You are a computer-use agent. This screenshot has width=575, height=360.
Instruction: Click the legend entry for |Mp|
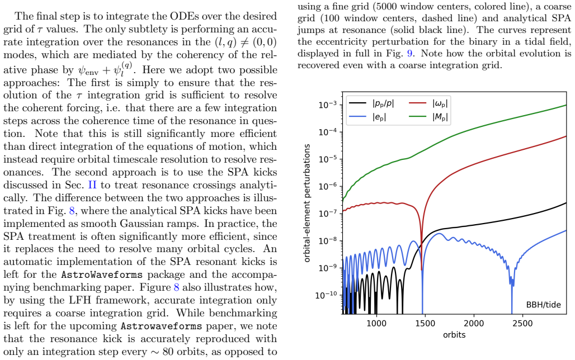(428, 117)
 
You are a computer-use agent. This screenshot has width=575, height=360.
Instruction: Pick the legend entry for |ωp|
(428, 103)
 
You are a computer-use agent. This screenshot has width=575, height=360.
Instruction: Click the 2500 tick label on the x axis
(522, 323)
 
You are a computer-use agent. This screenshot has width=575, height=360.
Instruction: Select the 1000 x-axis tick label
(376, 323)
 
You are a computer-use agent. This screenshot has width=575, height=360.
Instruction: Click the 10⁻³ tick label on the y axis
(328, 105)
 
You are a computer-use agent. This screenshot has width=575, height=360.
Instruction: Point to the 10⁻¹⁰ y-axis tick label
(326, 295)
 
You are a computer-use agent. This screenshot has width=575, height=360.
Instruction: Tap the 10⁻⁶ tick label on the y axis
(328, 186)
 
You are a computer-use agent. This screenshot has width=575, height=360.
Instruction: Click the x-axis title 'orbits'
(454, 335)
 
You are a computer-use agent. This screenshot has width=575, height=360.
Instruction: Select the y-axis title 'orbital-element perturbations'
(307, 203)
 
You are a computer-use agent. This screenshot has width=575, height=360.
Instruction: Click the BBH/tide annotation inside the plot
(544, 305)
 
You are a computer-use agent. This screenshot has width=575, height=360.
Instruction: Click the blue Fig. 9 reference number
(410, 54)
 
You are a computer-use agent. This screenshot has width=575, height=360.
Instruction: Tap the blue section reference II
(92, 185)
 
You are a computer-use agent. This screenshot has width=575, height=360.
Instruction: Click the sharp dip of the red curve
(421, 270)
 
